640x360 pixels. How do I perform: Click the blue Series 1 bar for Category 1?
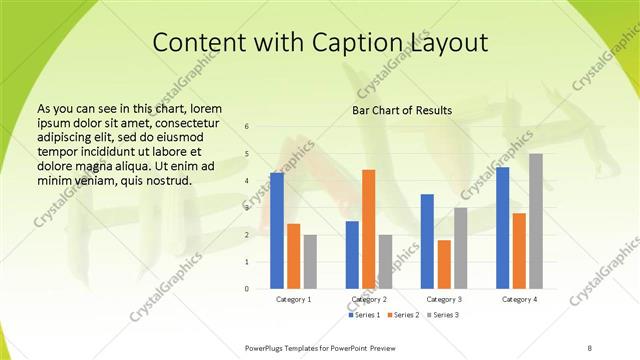277,230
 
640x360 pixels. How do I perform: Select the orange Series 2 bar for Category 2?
368,228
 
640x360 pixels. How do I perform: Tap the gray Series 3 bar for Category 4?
536,221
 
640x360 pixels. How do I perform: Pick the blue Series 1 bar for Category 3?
427,241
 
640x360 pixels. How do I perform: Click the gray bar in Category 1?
310,261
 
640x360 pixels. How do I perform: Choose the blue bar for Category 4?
502,227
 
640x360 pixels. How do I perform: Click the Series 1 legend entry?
365,315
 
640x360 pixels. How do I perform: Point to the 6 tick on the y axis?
247,127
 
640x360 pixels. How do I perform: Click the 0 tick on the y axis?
247,288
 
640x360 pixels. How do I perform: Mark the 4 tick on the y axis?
247,181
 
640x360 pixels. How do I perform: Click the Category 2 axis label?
369,299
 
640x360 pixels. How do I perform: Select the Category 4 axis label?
519,299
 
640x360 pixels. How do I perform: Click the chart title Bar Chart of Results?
402,110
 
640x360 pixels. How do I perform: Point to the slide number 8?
589,347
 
